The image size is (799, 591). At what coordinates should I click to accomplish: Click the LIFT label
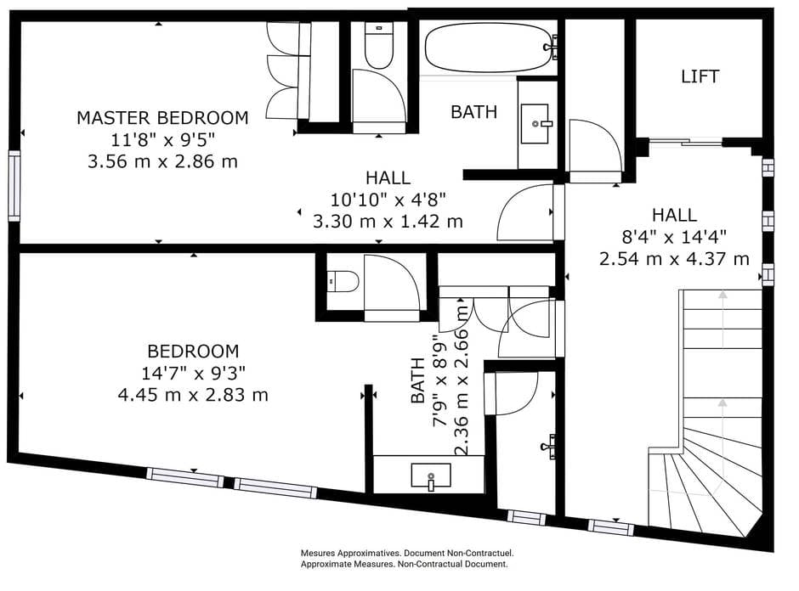[700, 76]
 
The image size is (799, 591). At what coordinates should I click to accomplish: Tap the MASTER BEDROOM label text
[162, 117]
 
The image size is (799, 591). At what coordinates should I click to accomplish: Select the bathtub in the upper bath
[489, 48]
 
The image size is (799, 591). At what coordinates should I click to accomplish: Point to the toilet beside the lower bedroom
[343, 281]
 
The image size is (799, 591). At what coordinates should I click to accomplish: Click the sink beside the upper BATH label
[535, 124]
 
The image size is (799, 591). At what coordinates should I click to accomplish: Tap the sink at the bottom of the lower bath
[431, 476]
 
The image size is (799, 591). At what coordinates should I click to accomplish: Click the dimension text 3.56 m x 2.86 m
[162, 161]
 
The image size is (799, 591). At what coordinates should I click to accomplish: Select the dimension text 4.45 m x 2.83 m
[193, 395]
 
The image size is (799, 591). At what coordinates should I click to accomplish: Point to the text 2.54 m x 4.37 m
[674, 259]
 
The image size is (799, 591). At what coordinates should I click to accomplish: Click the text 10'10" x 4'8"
[388, 200]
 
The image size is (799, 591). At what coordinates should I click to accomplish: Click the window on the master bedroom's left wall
[14, 186]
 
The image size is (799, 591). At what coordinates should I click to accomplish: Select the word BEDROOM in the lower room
[193, 351]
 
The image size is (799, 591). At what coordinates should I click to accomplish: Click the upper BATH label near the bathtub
[474, 112]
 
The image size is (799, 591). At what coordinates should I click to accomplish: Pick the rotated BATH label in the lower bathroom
[417, 380]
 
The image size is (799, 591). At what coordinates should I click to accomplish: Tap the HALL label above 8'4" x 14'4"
[674, 215]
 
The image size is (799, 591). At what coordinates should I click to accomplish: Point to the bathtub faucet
[552, 47]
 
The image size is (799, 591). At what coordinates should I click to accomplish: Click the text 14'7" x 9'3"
[193, 373]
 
